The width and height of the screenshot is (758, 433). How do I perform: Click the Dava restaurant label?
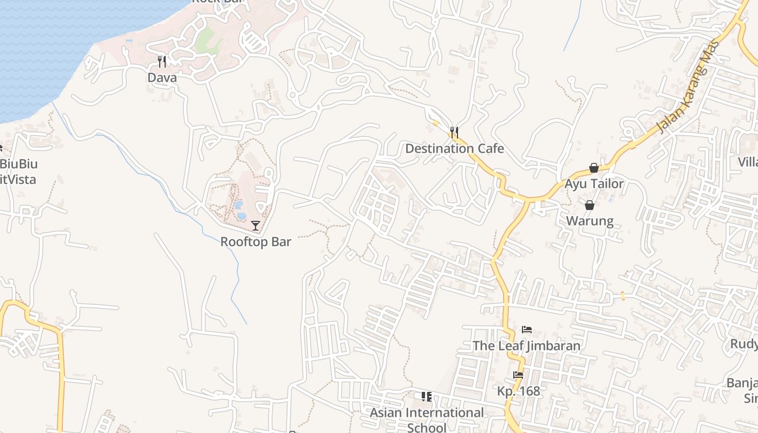click(x=162, y=78)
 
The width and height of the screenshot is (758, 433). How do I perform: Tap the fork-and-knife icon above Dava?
click(x=162, y=61)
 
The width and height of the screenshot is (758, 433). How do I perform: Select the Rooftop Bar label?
click(x=256, y=242)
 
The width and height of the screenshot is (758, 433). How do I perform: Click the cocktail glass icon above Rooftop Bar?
click(x=256, y=225)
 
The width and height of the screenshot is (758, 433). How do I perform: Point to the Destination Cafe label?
click(x=454, y=148)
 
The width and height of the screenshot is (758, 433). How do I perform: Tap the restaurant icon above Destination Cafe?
click(x=454, y=132)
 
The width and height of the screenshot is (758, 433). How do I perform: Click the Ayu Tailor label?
click(x=594, y=184)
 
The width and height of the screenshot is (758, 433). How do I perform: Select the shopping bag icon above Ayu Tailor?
click(x=594, y=168)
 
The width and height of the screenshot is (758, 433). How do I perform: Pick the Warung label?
click(x=590, y=221)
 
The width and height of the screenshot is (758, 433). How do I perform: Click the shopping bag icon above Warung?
click(x=590, y=205)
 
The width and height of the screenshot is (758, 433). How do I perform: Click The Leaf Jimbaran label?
click(x=526, y=345)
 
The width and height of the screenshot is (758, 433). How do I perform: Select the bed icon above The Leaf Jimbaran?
click(x=526, y=329)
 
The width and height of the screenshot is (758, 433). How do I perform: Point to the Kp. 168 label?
click(x=519, y=391)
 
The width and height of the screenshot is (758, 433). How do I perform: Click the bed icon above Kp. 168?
click(x=519, y=375)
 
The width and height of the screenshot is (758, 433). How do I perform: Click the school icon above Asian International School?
click(x=427, y=397)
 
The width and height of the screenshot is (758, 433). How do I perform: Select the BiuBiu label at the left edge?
click(x=19, y=163)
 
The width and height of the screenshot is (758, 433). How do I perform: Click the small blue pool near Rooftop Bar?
click(x=239, y=205)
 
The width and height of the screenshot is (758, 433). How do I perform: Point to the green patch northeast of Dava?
click(x=205, y=40)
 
